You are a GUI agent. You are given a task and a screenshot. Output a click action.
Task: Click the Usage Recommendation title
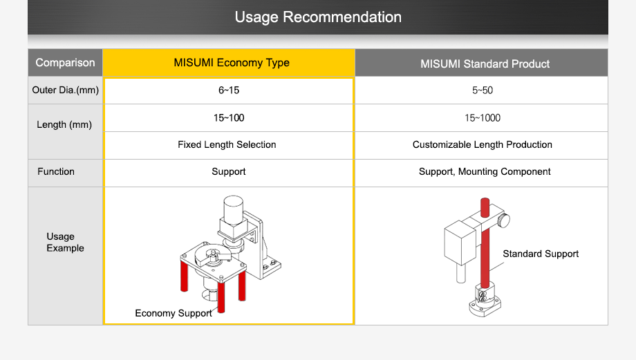tap(318, 17)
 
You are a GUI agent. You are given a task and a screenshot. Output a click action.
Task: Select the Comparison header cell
tap(65, 63)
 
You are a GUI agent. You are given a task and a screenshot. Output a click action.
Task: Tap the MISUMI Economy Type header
tap(232, 63)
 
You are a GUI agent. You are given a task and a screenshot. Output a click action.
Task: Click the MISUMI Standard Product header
tap(485, 64)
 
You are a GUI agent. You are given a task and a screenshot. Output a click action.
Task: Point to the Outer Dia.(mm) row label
tap(65, 91)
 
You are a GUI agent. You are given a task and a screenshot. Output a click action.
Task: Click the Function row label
tap(56, 171)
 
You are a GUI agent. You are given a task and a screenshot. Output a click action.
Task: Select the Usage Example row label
tap(65, 242)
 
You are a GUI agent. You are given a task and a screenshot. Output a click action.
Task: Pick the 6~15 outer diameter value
tap(228, 91)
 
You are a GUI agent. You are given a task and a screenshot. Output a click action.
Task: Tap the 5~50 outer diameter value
tap(482, 91)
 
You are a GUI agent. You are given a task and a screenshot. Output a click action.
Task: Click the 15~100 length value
tap(228, 118)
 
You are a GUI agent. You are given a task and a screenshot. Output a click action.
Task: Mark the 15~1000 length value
tap(482, 118)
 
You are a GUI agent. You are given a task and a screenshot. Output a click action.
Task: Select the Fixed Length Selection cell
tap(227, 144)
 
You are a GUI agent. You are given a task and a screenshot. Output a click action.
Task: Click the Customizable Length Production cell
tap(482, 144)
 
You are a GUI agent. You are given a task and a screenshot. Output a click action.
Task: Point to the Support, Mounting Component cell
tap(485, 171)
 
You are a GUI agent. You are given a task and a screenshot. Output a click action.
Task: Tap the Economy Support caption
tap(174, 313)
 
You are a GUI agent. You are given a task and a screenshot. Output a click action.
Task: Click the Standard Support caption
tap(541, 254)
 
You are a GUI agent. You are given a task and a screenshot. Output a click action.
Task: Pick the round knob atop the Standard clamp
tap(505, 220)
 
